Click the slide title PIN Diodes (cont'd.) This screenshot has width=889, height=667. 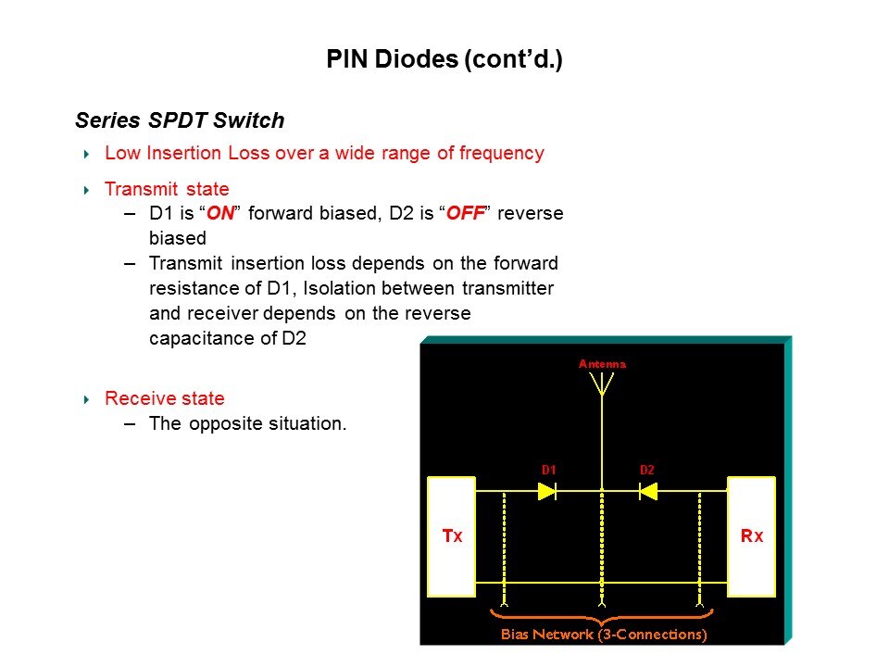pos(444,59)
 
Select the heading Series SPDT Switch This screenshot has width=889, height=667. pos(180,120)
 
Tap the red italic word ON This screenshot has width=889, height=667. pos(220,213)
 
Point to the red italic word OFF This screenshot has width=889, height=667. pos(466,213)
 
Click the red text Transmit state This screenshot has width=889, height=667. pos(167,189)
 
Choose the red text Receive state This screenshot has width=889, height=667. pos(165,398)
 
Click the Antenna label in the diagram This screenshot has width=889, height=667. pos(602,364)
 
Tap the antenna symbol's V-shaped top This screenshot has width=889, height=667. pos(602,384)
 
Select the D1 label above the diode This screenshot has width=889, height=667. pos(548,470)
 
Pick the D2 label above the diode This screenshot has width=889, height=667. pos(647,470)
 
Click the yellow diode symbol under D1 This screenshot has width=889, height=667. pos(547,491)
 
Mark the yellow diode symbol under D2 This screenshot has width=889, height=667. pos(648,491)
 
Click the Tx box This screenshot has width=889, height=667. pos(451,536)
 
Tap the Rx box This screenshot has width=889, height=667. pos(751,536)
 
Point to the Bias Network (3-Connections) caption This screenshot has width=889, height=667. pos(604,634)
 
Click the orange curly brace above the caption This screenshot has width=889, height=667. pos(602,617)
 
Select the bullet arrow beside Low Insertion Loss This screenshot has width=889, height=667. pos(86,154)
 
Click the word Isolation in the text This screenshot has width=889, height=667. pos(339,288)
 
